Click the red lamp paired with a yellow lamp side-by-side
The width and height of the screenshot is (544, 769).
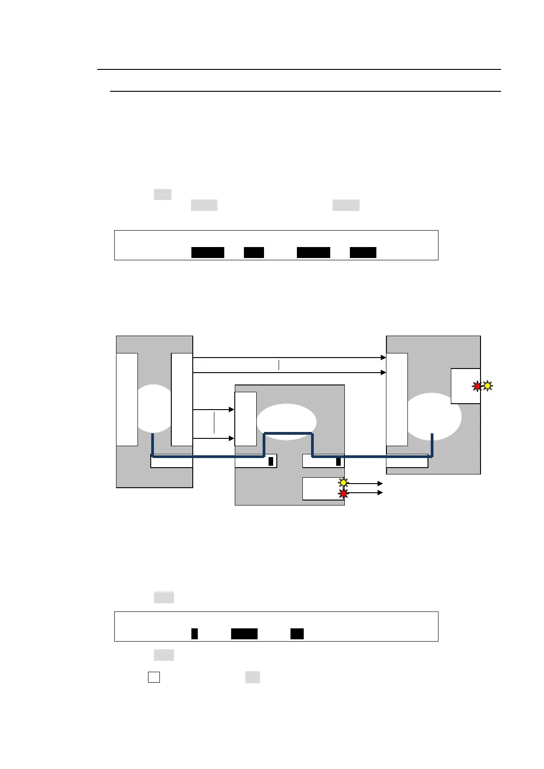coord(477,386)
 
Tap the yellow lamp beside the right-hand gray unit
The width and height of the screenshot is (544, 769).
coord(487,386)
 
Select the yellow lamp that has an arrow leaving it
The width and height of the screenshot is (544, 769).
coord(343,483)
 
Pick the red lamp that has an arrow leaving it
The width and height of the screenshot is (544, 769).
coord(343,493)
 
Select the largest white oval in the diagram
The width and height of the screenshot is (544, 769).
coord(433,416)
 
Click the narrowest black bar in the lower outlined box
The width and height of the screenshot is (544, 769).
coord(194,634)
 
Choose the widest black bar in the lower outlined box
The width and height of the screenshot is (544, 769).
coord(244,634)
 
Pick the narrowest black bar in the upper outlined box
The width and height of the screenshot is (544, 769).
coord(254,253)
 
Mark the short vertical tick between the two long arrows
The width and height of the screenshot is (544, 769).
coord(279,365)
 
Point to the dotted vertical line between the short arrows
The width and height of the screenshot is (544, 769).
coord(214,422)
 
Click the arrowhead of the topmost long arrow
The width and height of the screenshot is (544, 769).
coord(383,358)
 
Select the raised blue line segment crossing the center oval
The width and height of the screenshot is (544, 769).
coord(289,433)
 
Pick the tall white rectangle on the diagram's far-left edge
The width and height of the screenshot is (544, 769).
coord(127,399)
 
